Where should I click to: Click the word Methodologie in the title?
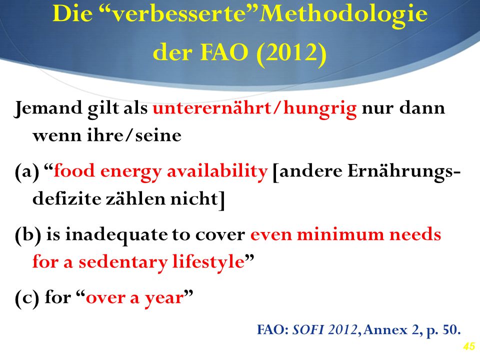343,14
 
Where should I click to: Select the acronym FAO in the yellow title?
224,52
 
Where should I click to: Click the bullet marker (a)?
27,171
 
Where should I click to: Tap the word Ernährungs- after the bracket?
404,171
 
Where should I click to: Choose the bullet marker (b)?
28,235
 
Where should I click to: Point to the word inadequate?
116,235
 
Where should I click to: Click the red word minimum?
340,234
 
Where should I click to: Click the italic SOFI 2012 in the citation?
325,329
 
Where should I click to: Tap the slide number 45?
468,346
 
